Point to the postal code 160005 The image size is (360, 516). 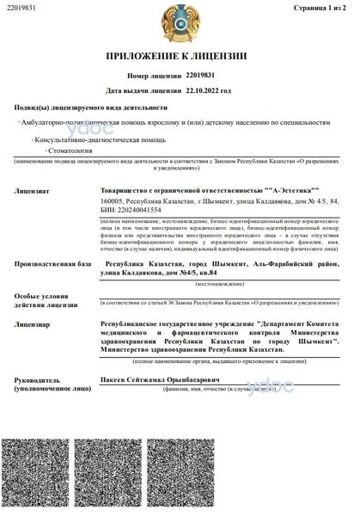tap(112, 200)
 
